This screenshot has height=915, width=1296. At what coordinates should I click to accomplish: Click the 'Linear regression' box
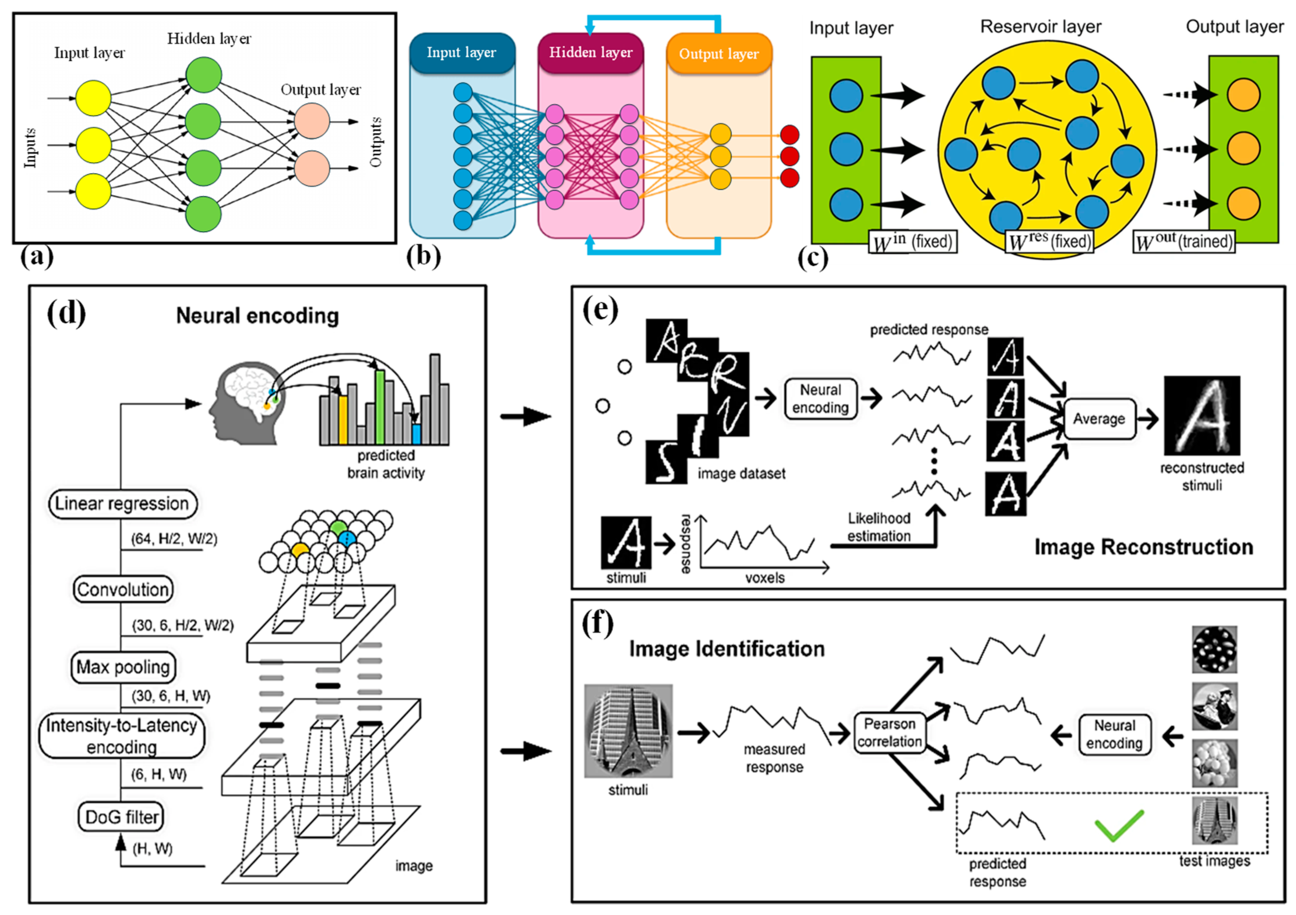coord(122,504)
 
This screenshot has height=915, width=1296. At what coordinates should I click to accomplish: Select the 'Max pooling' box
coord(122,667)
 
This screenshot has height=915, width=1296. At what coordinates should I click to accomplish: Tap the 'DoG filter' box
coord(121,817)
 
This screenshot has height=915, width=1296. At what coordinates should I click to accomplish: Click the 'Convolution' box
coord(122,589)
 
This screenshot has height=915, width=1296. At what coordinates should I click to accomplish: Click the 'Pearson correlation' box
coord(889,733)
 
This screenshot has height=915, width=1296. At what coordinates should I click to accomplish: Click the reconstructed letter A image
coord(1202,415)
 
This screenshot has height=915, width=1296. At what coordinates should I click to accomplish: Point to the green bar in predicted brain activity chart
coord(380,406)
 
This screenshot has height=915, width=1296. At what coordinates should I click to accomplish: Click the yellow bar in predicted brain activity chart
coord(343,419)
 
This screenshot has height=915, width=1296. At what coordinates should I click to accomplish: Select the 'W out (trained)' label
coord(1183,242)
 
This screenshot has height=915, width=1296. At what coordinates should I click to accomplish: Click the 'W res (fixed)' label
coord(1049,242)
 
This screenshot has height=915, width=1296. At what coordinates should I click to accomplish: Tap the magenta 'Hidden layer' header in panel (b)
coord(591,53)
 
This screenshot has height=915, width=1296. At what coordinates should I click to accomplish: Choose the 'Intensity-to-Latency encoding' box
coord(121,735)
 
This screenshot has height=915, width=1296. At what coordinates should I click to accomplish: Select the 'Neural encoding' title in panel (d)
coord(257,316)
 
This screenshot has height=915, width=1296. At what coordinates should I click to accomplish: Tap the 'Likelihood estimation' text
coord(879,527)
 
